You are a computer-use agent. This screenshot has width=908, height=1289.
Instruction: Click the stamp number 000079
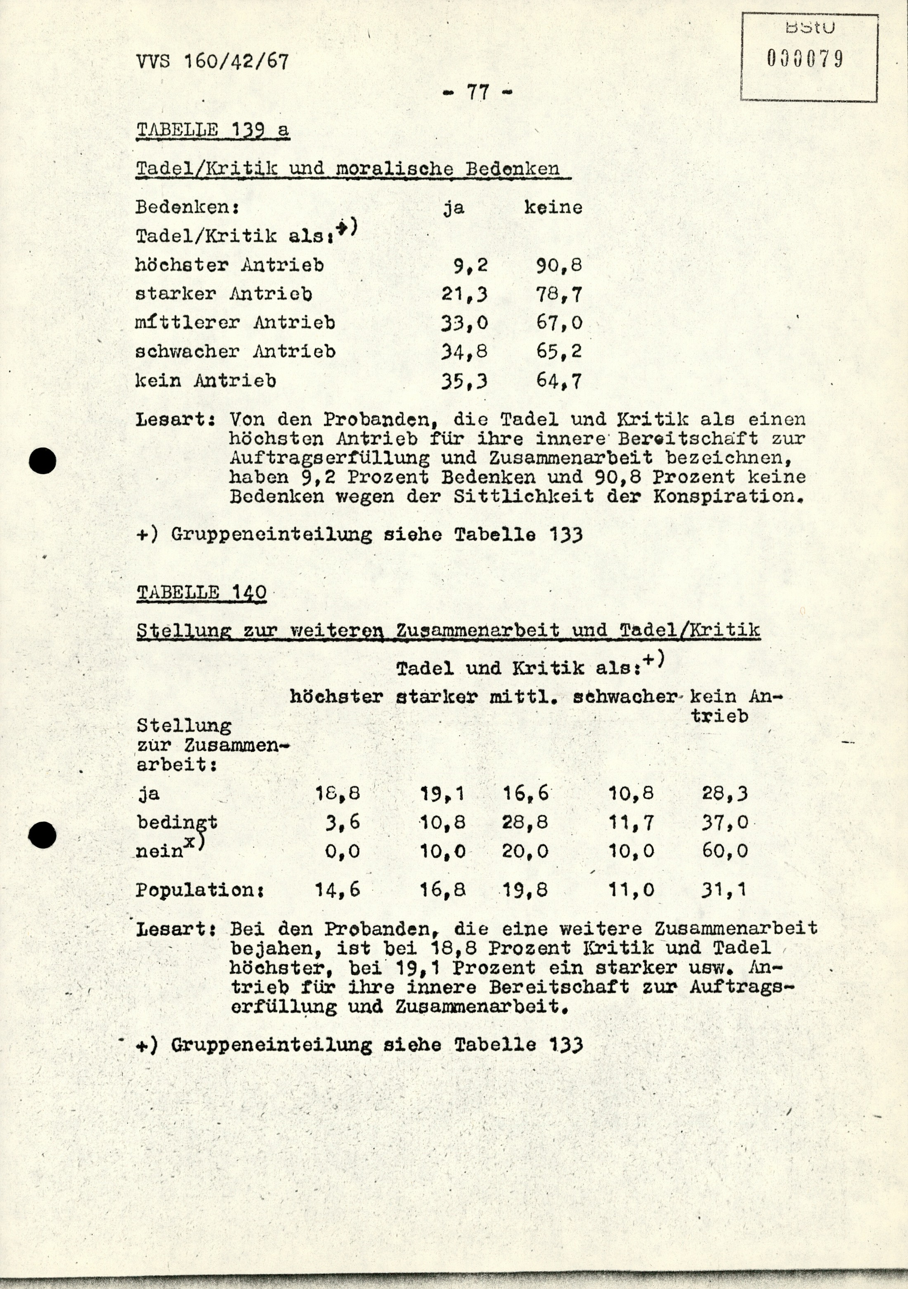[x=805, y=59]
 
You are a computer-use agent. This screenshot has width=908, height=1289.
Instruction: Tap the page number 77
[x=478, y=92]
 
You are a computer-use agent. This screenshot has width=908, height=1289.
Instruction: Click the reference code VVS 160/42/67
[x=212, y=61]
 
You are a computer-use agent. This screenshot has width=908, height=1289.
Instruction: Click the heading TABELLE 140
[x=201, y=593]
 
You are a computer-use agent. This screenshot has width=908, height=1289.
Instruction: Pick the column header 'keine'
[x=553, y=208]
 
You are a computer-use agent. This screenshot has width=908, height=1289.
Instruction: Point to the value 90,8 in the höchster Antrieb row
[x=559, y=265]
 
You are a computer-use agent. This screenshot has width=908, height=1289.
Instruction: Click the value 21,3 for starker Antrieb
[x=464, y=294]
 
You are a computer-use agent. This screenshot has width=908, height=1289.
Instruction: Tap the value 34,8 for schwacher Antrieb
[x=464, y=352]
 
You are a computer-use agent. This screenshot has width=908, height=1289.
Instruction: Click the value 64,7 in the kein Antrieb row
[x=559, y=381]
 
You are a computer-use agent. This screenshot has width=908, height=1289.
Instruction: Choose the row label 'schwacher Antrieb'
[x=235, y=352]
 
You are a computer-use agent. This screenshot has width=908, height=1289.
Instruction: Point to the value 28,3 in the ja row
[x=724, y=793]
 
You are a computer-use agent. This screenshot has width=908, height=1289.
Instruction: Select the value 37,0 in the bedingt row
[x=724, y=822]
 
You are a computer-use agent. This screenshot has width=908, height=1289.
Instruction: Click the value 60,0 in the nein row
[x=724, y=851]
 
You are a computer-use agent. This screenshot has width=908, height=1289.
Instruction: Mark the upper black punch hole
[x=43, y=461]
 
